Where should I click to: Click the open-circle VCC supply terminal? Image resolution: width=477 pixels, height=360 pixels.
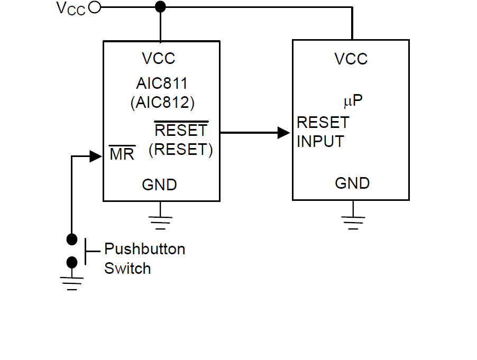pyautogui.click(x=95, y=7)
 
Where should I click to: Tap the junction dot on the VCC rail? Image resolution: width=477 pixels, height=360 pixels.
pyautogui.click(x=160, y=7)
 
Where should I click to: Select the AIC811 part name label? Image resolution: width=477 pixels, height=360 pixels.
pyautogui.click(x=162, y=84)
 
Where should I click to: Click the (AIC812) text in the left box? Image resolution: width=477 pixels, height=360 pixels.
pyautogui.click(x=162, y=102)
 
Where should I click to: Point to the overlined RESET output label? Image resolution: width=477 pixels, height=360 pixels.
pyautogui.click(x=181, y=130)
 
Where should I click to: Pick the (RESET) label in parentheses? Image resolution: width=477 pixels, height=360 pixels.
pyautogui.click(x=181, y=150)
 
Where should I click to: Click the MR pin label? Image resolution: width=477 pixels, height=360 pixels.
pyautogui.click(x=122, y=155)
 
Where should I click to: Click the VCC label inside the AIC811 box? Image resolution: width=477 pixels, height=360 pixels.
pyautogui.click(x=159, y=58)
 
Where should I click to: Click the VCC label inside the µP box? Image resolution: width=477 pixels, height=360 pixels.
pyautogui.click(x=351, y=59)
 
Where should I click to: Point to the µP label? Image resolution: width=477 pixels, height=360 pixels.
pyautogui.click(x=353, y=100)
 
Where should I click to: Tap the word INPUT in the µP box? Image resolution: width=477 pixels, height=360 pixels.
pyautogui.click(x=320, y=142)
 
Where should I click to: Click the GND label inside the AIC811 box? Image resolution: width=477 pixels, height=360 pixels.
pyautogui.click(x=159, y=185)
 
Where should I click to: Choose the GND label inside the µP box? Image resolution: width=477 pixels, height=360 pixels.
pyautogui.click(x=352, y=183)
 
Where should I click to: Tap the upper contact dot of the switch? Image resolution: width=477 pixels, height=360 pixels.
pyautogui.click(x=72, y=239)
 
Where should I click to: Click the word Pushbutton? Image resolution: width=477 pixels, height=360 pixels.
pyautogui.click(x=144, y=248)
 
